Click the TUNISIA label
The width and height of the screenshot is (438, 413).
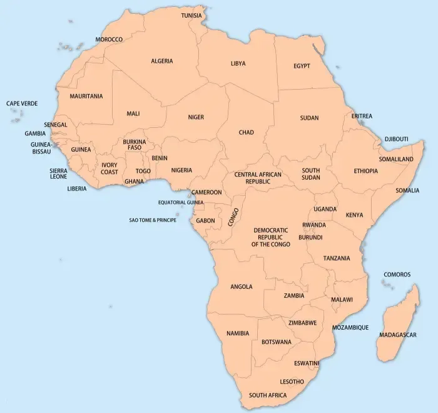click(x=191, y=15)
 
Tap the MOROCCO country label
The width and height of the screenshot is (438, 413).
click(x=109, y=39)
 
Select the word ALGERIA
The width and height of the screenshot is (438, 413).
click(x=161, y=61)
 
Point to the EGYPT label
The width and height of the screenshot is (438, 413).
click(x=302, y=66)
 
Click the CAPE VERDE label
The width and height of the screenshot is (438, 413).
click(x=22, y=103)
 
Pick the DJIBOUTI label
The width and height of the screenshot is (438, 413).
click(x=396, y=139)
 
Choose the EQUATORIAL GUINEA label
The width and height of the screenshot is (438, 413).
click(x=181, y=202)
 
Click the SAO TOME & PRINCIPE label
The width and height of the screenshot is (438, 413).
click(x=153, y=220)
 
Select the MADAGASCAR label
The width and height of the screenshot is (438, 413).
click(x=397, y=335)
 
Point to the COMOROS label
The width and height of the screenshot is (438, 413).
click(x=397, y=274)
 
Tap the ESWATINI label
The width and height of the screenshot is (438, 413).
click(x=307, y=363)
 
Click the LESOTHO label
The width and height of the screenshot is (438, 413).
click(x=292, y=382)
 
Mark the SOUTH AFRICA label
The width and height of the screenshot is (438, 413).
click(x=268, y=395)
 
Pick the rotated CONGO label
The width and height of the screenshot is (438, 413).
click(x=234, y=216)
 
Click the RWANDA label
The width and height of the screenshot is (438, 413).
click(x=313, y=225)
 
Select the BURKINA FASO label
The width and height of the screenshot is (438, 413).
click(x=135, y=145)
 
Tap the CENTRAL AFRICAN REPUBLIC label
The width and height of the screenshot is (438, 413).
click(x=258, y=177)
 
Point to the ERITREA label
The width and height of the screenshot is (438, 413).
click(x=362, y=116)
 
